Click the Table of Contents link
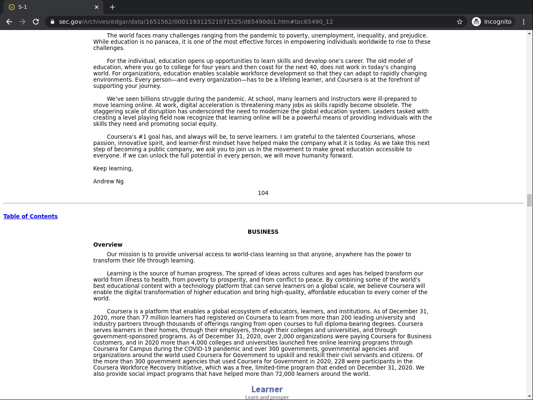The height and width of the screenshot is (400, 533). [x=30, y=216]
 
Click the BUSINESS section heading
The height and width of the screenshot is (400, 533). [x=263, y=232]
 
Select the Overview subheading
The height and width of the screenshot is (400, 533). [x=108, y=245]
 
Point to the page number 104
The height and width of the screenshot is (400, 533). [x=263, y=193]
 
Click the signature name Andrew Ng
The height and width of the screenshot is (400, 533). [x=108, y=181]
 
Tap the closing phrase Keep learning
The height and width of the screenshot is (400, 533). [x=113, y=168]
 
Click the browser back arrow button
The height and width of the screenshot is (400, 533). [x=9, y=22]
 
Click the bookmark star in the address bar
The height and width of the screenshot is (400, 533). [x=460, y=22]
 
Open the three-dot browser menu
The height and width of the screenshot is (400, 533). [x=524, y=22]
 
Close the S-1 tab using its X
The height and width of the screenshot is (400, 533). [x=97, y=7]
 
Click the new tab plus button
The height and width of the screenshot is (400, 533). [x=112, y=7]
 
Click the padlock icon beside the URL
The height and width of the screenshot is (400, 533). [x=52, y=22]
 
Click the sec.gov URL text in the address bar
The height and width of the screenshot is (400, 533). [x=196, y=22]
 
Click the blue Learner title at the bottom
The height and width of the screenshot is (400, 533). [x=267, y=389]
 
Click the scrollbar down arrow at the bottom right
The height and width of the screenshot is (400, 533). [x=529, y=396]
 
